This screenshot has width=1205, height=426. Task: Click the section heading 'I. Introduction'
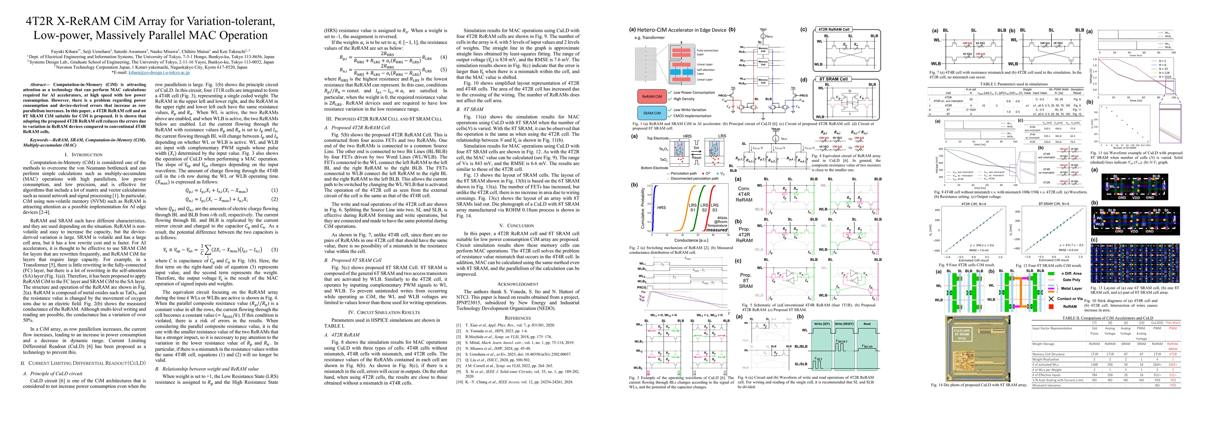(83, 154)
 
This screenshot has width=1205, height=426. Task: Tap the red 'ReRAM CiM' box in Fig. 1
(652, 96)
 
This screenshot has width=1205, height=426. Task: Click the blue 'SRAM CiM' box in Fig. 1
(652, 113)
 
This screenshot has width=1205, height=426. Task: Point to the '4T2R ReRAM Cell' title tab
(833, 29)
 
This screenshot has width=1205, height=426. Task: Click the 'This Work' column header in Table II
(1173, 323)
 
